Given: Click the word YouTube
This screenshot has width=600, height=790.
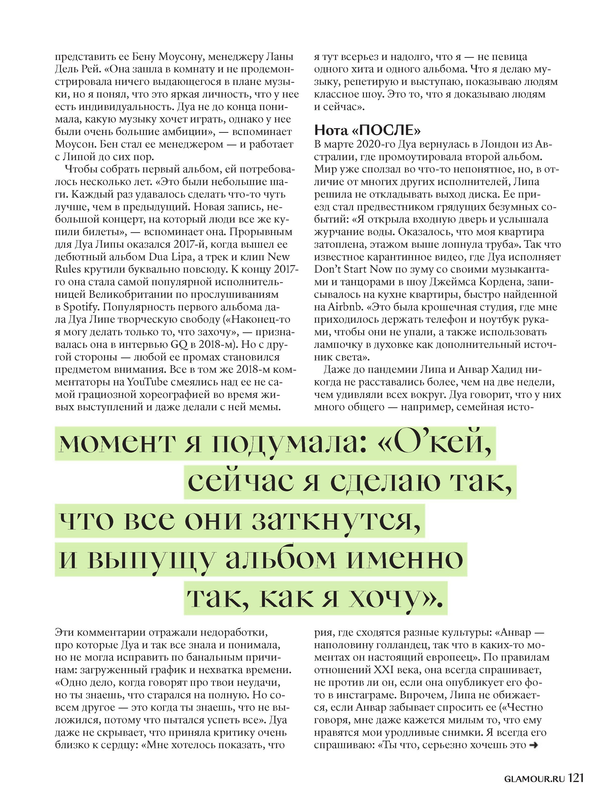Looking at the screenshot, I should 147,382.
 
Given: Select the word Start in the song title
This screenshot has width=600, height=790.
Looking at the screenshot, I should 352,270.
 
